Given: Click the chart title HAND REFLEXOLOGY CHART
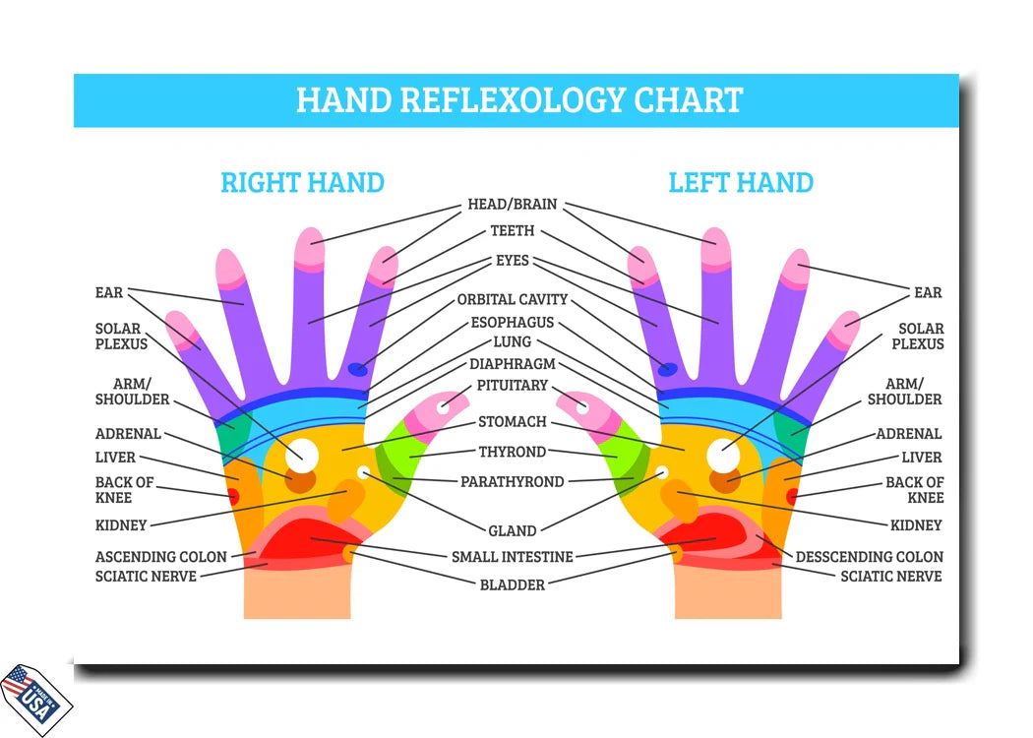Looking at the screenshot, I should [518, 100].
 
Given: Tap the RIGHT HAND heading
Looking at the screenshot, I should [302, 182].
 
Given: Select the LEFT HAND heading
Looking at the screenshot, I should [741, 182].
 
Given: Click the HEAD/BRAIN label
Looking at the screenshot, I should [512, 205].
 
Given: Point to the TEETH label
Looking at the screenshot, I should [513, 231].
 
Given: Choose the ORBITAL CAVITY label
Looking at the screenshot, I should [513, 299].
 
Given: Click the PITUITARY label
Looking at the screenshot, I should [513, 386].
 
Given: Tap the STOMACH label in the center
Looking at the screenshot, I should [513, 422].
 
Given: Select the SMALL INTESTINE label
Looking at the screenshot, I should [512, 557].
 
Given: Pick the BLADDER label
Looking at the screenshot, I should [512, 584].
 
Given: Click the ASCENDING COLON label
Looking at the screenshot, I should [160, 557].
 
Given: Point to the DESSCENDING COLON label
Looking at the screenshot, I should [869, 557].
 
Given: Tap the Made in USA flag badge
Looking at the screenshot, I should [35, 697].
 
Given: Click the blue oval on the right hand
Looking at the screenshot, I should [358, 370].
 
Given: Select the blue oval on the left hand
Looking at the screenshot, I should [668, 369].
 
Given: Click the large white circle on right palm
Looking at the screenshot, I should [303, 455].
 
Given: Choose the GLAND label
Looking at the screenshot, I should [513, 531].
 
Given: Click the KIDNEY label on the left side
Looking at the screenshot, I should [121, 525].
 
